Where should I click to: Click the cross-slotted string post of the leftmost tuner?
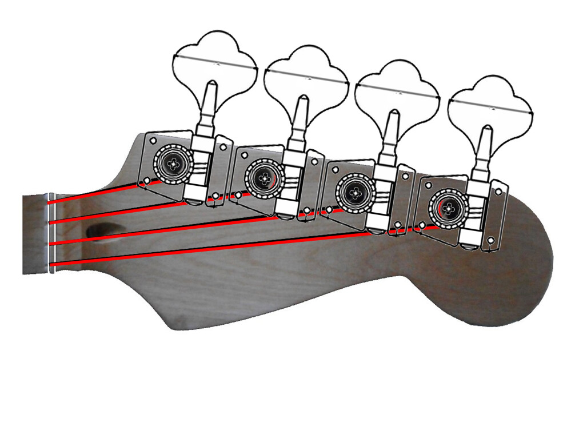(172, 164)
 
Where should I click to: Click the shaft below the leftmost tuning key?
(210, 106)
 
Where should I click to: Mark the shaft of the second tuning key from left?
(301, 120)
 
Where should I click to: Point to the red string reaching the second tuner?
(143, 210)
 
